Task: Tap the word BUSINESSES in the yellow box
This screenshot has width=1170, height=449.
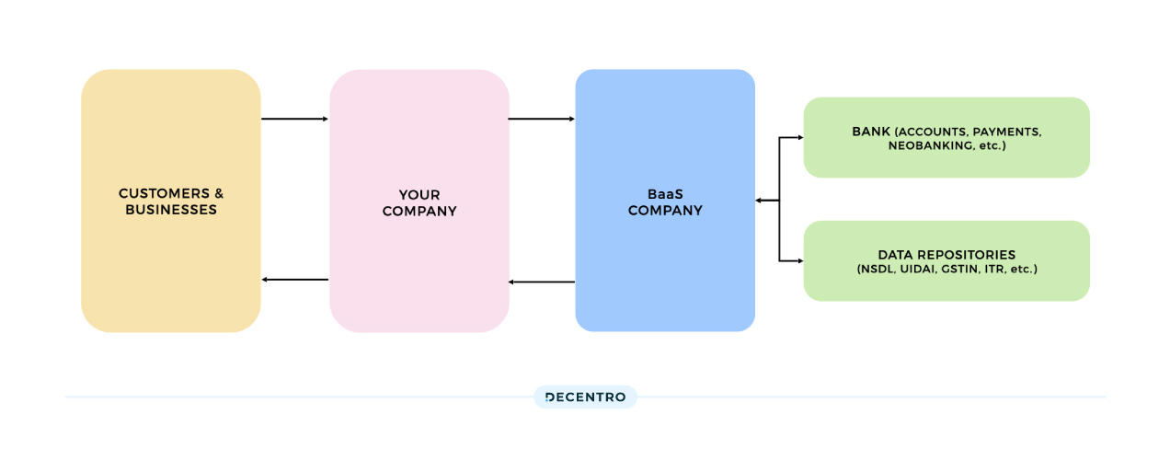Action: (x=171, y=210)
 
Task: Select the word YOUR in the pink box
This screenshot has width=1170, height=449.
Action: (x=419, y=195)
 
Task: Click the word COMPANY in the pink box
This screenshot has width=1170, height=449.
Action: (x=419, y=211)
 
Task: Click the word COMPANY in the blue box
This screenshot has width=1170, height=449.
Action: (x=665, y=211)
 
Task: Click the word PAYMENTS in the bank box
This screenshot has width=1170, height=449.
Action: (x=1005, y=132)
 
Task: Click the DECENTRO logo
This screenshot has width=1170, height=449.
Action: (x=585, y=397)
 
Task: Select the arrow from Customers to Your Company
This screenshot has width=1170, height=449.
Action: (x=294, y=119)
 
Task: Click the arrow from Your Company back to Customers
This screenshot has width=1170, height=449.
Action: (x=294, y=280)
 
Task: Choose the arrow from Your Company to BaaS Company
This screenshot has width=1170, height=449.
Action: (x=541, y=119)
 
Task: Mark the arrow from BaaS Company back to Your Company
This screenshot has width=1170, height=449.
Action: (x=541, y=282)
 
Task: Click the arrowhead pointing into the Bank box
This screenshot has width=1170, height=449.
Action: (x=799, y=138)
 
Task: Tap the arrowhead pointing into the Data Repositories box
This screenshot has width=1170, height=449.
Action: (x=799, y=261)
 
